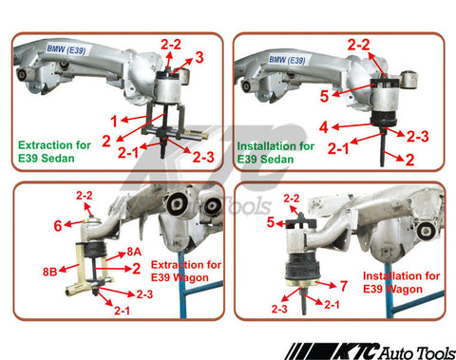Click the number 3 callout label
pos(199,58)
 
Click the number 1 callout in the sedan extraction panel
pos(114,122)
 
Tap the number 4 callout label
pos(324,127)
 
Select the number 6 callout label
pos(58,226)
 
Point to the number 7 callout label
pos(344,286)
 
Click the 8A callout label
pos(134,252)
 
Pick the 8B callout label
pos(50,272)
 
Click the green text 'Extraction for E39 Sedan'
pos(54,152)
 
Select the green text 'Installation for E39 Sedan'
pos(275,153)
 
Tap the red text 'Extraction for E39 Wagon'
pos(186,271)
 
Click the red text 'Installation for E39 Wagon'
pos(401,282)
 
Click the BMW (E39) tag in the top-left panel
pos(66,49)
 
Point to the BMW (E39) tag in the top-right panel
pos(287,60)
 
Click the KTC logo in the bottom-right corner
pos(370,351)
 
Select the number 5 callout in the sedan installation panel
pos(324,96)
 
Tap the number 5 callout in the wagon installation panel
pos(270,222)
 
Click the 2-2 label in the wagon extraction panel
pos(85,196)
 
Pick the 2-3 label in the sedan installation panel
pos(418,137)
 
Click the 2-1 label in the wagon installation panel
pos(332,305)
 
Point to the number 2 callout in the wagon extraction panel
pos(137,269)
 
